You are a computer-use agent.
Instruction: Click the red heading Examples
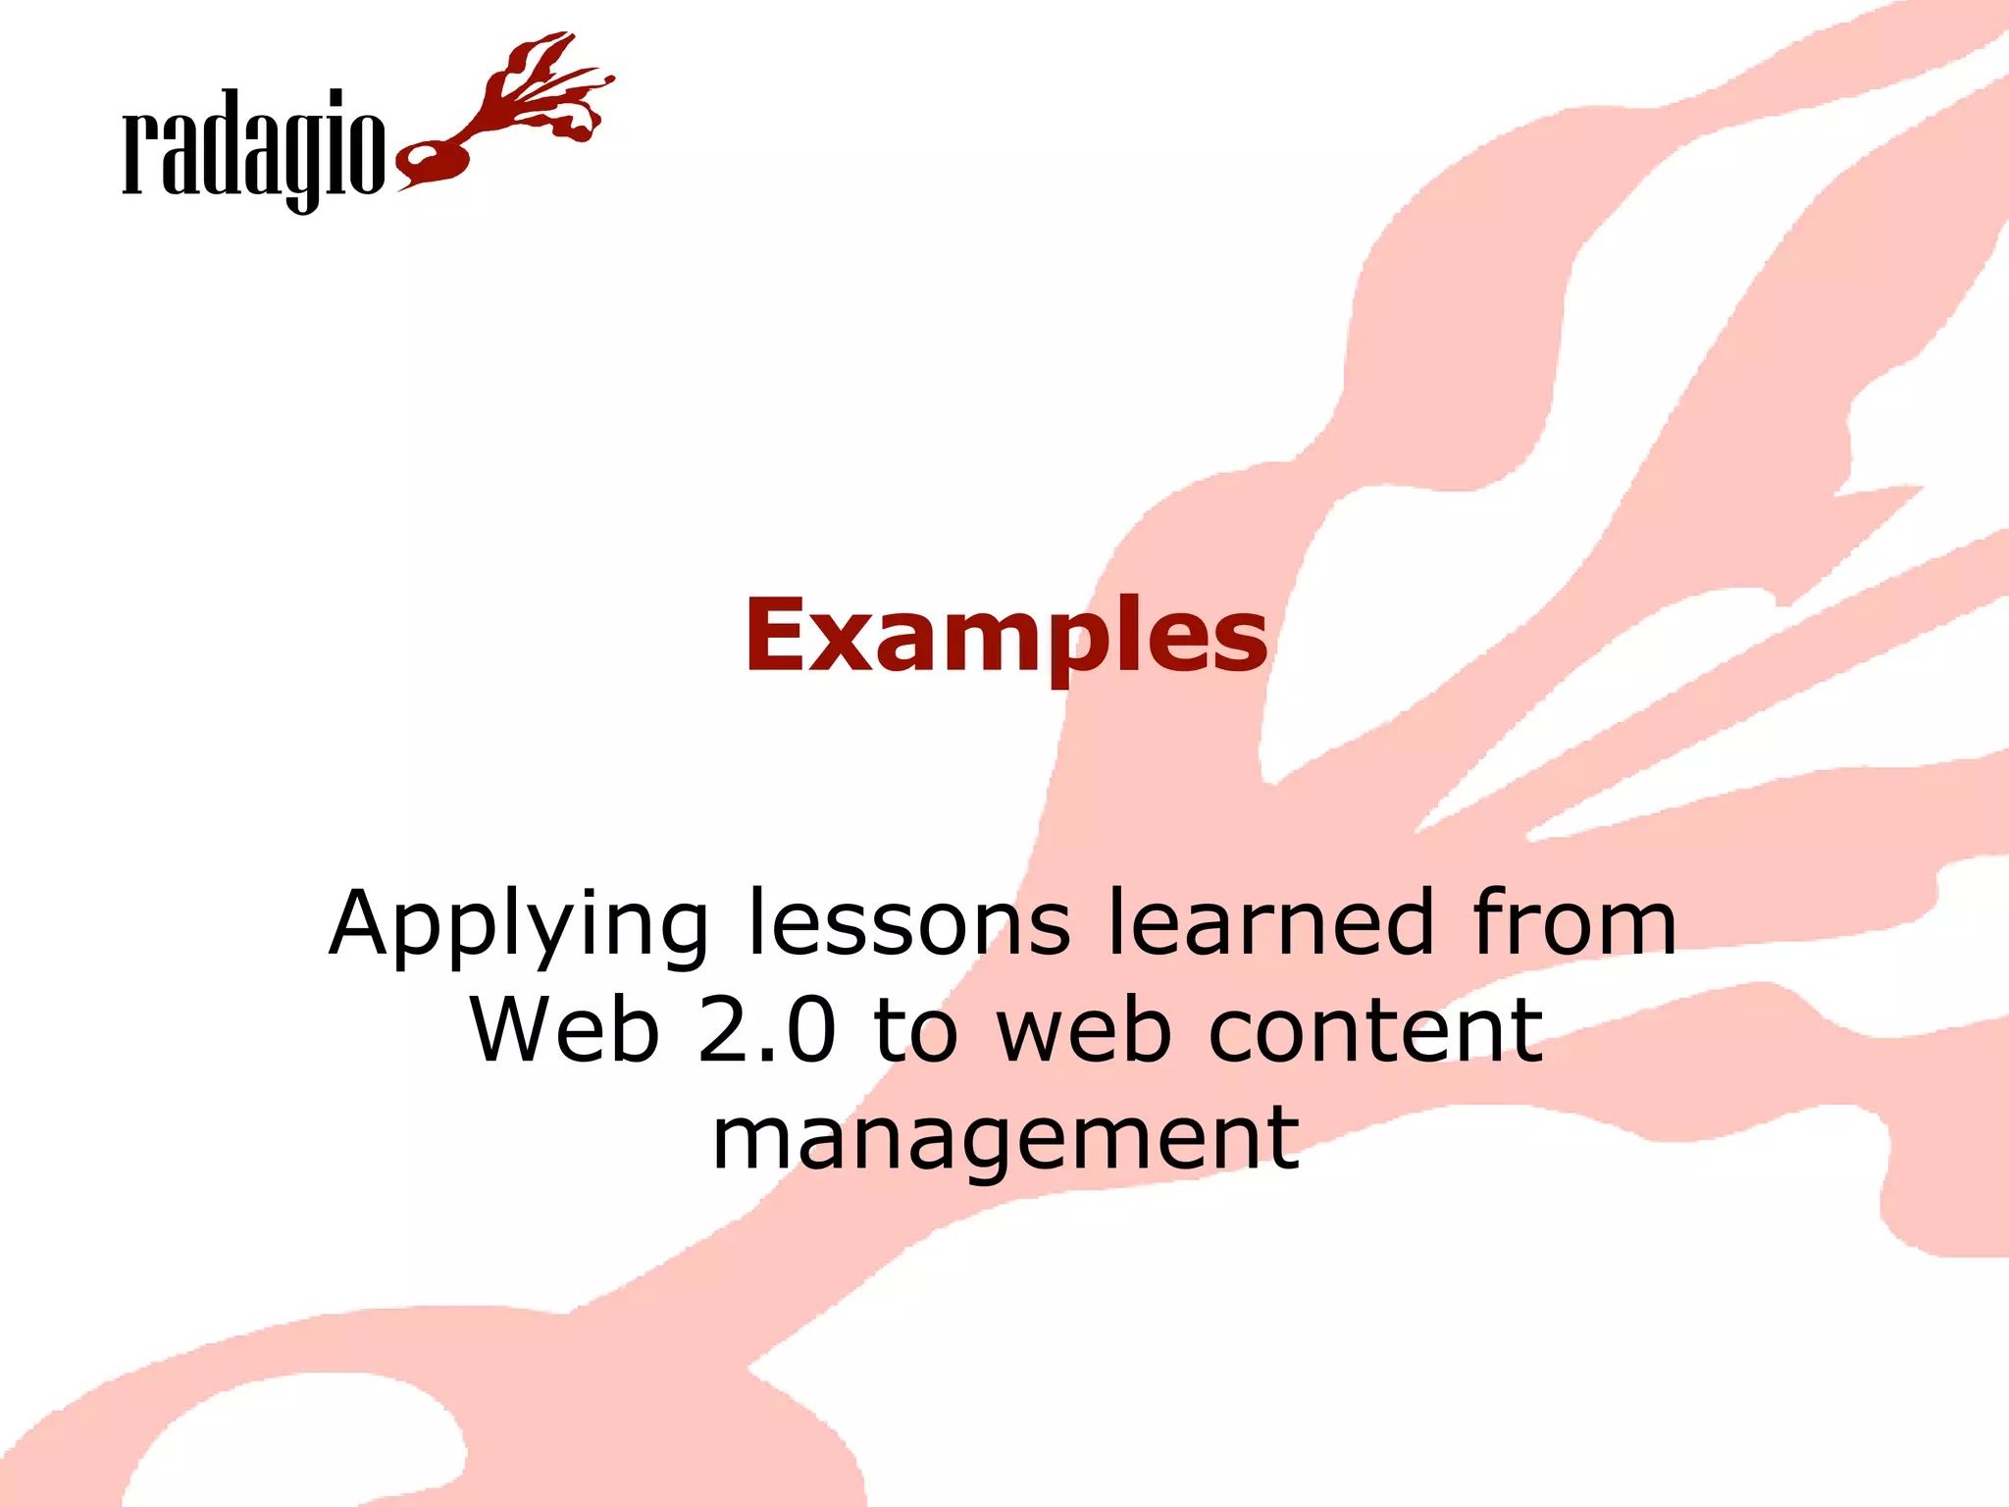(1005, 638)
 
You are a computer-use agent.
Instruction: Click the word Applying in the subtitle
(518, 925)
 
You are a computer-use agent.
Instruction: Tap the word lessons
(908, 923)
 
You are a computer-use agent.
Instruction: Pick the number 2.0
(767, 1030)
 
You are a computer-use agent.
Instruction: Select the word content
(1375, 1030)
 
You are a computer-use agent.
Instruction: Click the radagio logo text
(253, 147)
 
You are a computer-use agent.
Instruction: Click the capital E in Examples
(776, 638)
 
